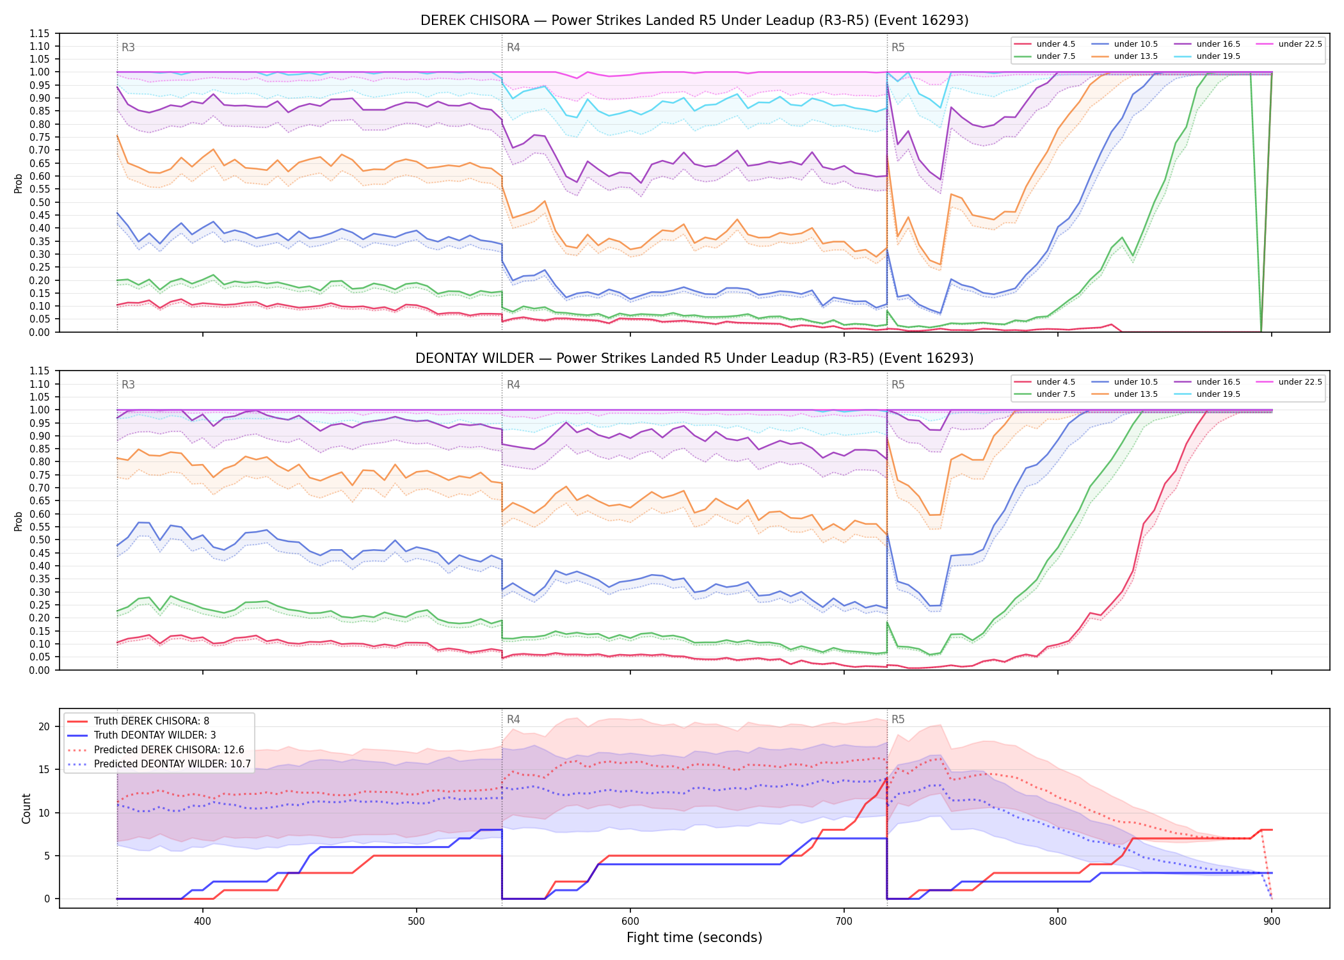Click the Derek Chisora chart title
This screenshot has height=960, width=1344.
(x=694, y=20)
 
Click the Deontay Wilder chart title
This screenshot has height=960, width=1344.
(x=694, y=358)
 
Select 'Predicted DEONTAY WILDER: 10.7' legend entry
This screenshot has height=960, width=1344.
(x=159, y=764)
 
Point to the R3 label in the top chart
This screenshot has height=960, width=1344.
(x=128, y=47)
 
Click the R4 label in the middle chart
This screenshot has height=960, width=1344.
(x=513, y=385)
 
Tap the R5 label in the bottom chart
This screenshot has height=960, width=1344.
(x=898, y=719)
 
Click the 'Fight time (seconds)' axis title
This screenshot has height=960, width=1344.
(x=694, y=938)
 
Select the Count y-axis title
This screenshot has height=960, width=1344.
(x=26, y=808)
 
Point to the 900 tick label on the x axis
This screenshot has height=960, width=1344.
(x=1272, y=922)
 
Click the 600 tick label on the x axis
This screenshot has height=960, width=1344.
(x=630, y=922)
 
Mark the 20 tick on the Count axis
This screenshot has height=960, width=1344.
(x=44, y=726)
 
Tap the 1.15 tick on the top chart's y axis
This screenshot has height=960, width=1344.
(x=40, y=33)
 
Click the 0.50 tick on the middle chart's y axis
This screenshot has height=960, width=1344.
(x=40, y=540)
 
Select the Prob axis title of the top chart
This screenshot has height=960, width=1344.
(x=19, y=183)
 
